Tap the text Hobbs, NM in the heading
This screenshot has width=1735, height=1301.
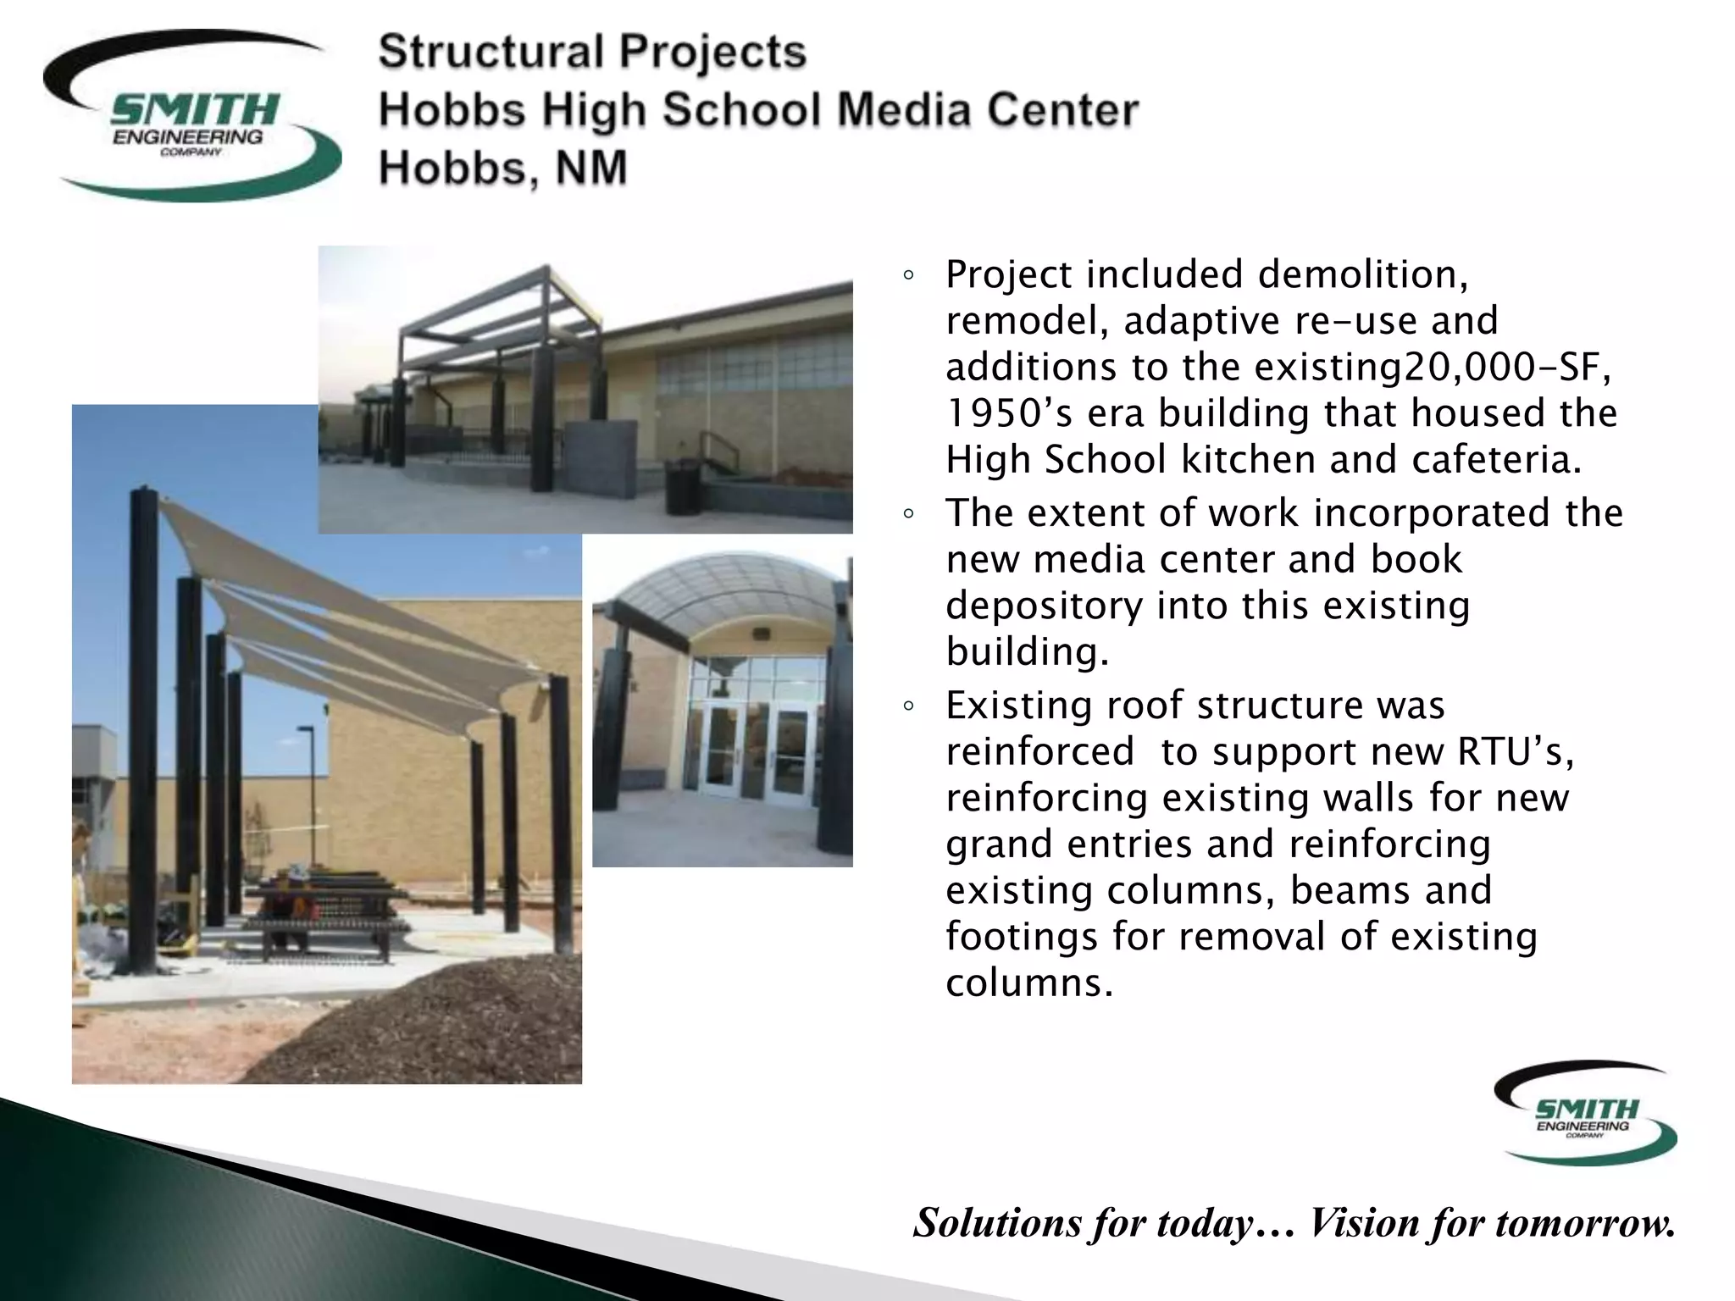pyautogui.click(x=502, y=168)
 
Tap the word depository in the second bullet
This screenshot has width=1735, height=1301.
pyautogui.click(x=1044, y=606)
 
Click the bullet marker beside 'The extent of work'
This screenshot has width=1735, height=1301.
pyautogui.click(x=908, y=514)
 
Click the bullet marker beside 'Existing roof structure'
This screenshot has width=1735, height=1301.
pyautogui.click(x=908, y=706)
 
